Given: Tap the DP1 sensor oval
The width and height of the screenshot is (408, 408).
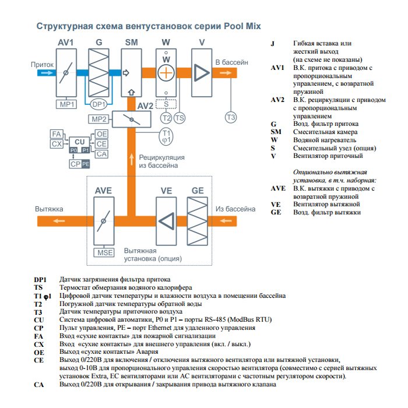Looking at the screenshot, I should pos(99,104).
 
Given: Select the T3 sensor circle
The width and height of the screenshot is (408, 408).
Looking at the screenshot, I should pos(231,118).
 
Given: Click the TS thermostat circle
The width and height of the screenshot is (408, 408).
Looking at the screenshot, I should pos(180,118).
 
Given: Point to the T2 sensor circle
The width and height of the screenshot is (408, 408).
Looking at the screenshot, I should pos(166,118).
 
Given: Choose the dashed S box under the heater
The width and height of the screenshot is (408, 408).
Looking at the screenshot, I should pos(167,104).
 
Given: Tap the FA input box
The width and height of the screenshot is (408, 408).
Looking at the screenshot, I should pos(57,134).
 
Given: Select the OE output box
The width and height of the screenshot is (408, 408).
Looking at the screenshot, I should pos(101,134).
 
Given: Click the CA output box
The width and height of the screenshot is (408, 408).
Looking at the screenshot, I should pos(101,154).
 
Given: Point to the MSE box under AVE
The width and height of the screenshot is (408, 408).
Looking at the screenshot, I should pos(105,252).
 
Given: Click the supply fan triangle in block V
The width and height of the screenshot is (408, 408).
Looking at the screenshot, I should pos(201,72).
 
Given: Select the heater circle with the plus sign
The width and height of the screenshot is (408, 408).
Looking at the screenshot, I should pos(167,72).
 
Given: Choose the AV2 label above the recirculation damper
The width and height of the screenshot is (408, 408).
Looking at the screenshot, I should pos(145,107).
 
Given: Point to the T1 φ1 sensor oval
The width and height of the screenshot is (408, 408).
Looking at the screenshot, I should pos(167,137).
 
